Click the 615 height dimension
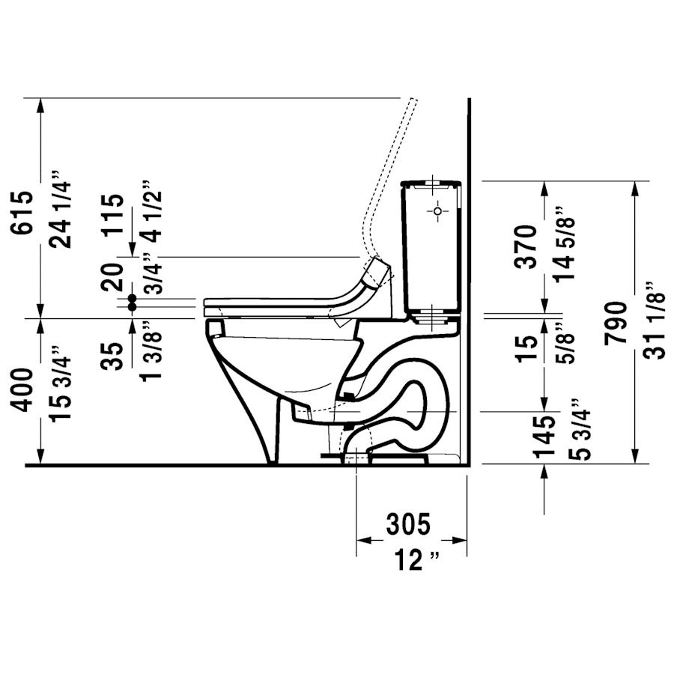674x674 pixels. tap(22, 213)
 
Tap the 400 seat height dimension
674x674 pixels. tap(22, 390)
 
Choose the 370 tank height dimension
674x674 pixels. tap(526, 246)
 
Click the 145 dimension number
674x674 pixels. tap(545, 436)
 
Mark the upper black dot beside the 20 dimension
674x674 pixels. tap(133, 297)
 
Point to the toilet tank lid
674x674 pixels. tap(432, 183)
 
